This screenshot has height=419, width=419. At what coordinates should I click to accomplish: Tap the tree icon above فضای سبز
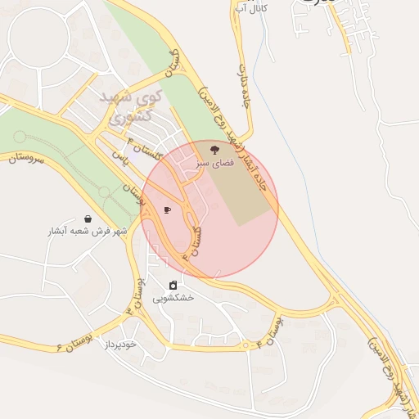point(214,150)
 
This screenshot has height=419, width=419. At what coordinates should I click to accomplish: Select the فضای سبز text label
point(214,164)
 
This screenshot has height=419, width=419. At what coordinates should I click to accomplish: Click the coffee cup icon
point(167,209)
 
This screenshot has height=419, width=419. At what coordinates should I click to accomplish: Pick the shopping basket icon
point(88,219)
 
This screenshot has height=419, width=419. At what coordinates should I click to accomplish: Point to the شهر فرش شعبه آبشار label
point(87,231)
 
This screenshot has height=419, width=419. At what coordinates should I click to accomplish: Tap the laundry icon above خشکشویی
point(173,285)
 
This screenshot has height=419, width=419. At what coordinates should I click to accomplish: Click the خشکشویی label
point(173,298)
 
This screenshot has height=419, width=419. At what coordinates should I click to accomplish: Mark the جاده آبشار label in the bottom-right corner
point(394,369)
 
